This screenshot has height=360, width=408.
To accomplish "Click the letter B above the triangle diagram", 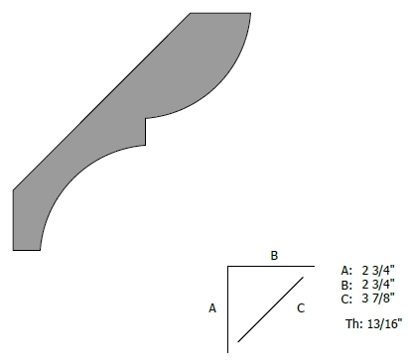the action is pos(274,256).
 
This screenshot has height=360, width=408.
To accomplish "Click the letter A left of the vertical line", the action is pos(212,308).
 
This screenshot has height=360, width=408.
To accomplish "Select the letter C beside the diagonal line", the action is pos(301,308).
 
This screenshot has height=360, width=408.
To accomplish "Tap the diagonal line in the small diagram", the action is pos(270,309).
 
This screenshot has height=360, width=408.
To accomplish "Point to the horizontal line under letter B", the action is pos(271,266).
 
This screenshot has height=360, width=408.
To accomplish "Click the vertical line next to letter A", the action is pos(228,309).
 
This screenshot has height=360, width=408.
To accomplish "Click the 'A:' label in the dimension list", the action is pos(346,271).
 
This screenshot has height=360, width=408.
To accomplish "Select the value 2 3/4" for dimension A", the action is pos(378,270).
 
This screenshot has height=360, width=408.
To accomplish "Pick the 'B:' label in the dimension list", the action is pos(346,285).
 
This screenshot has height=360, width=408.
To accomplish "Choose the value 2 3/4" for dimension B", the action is pos(378,284).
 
